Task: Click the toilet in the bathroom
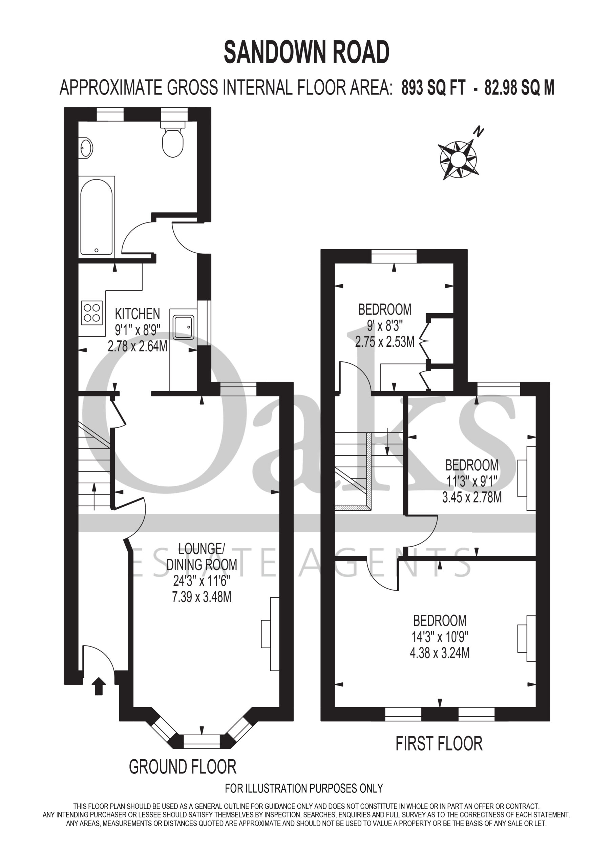(x=173, y=139)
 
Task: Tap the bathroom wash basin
(x=86, y=148)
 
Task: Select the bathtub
(x=96, y=217)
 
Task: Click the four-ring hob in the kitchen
(x=92, y=313)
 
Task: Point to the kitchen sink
(x=184, y=327)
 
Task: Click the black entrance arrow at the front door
(x=99, y=686)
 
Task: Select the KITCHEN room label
(x=137, y=314)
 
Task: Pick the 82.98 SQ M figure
(x=519, y=88)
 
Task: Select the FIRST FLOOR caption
(x=439, y=743)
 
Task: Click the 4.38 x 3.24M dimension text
(x=440, y=653)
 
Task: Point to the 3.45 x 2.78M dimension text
(x=472, y=497)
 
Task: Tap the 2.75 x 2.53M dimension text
(x=384, y=342)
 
